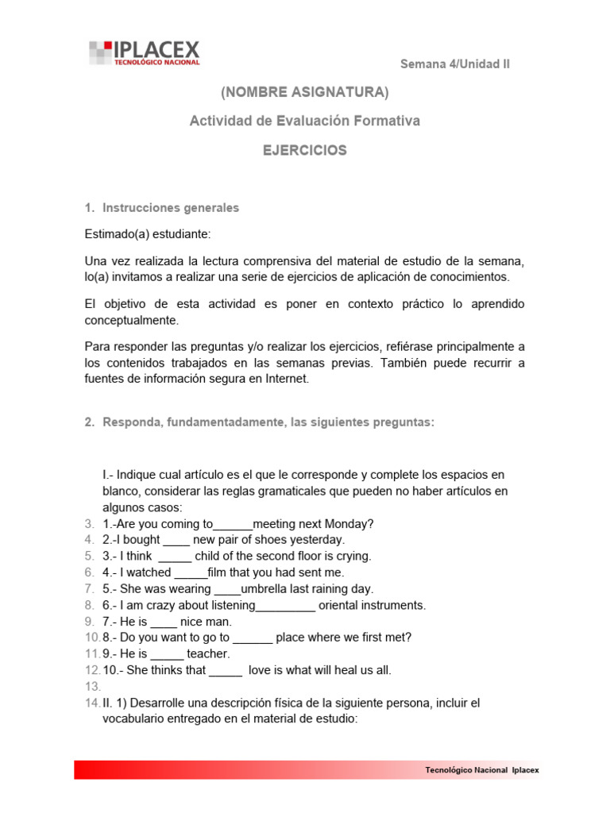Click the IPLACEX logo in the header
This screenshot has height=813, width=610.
(144, 53)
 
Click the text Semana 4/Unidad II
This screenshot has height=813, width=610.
(454, 64)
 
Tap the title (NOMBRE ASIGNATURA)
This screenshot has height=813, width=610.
(305, 93)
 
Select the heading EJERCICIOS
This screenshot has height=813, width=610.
(305, 150)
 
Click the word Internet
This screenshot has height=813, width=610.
(284, 379)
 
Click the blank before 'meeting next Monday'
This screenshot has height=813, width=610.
(233, 525)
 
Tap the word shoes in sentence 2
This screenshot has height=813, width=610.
(274, 540)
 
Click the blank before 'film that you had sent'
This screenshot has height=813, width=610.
(190, 573)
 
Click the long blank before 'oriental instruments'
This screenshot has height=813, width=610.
(285, 607)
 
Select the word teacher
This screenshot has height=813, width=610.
(208, 653)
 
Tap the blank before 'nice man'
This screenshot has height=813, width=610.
(163, 622)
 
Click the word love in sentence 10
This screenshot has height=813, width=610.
(262, 670)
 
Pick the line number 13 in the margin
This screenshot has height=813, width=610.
(91, 686)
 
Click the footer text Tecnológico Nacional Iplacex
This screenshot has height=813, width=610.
(482, 769)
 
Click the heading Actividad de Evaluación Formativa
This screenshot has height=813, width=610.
(305, 121)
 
